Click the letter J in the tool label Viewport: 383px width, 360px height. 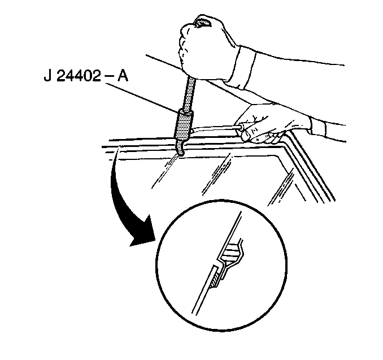pyautogui.click(x=47, y=76)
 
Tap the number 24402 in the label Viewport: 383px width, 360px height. pyautogui.click(x=79, y=76)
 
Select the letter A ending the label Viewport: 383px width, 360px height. pyautogui.click(x=123, y=76)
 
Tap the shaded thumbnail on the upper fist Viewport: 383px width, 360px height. pyautogui.click(x=202, y=23)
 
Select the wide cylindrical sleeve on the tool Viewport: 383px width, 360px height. pyautogui.click(x=183, y=125)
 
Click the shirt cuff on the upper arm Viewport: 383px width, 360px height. pyautogui.click(x=240, y=67)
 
